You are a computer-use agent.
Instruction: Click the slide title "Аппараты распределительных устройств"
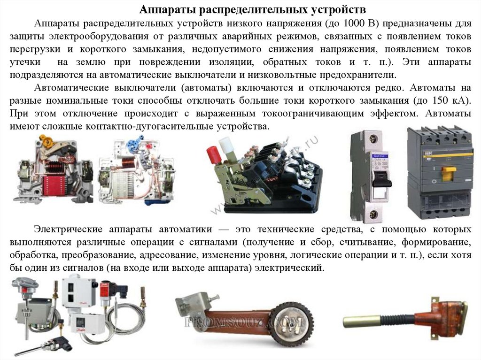click(x=252, y=9)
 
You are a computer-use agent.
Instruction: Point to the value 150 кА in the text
click(x=450, y=100)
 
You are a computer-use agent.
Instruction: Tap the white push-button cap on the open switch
click(x=225, y=145)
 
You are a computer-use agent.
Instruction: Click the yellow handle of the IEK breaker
click(x=449, y=173)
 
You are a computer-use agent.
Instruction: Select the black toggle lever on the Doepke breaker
click(x=381, y=179)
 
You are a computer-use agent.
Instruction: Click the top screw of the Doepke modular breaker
click(x=373, y=138)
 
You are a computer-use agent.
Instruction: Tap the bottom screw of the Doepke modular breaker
click(x=373, y=214)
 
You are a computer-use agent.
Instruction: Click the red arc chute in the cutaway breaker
click(x=55, y=186)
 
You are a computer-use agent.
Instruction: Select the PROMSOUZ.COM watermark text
click(x=244, y=322)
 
